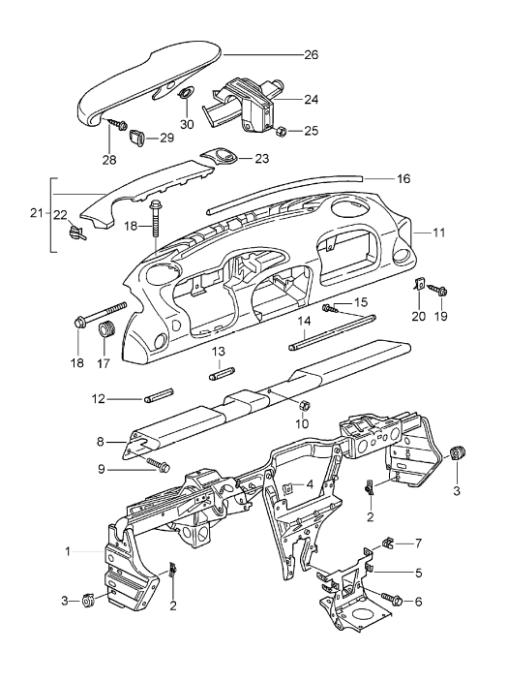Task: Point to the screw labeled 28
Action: [x=119, y=125]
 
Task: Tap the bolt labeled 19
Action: [x=440, y=290]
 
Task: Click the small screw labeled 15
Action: [x=330, y=308]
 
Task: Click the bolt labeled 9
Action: [x=154, y=466]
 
